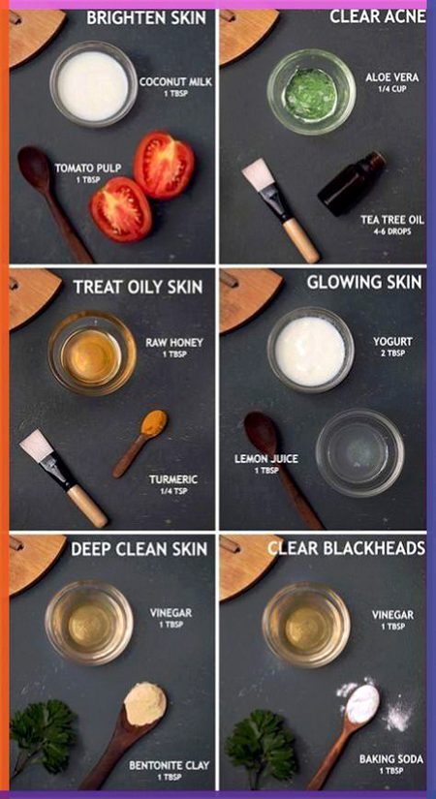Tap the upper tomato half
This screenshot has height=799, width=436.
(x=164, y=164)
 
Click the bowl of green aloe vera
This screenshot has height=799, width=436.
(x=311, y=91)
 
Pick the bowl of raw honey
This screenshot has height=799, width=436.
(x=92, y=353)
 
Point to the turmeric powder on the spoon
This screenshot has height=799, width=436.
(x=153, y=424)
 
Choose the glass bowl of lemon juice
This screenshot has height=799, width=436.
(x=359, y=452)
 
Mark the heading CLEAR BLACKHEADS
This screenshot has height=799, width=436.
(x=346, y=548)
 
